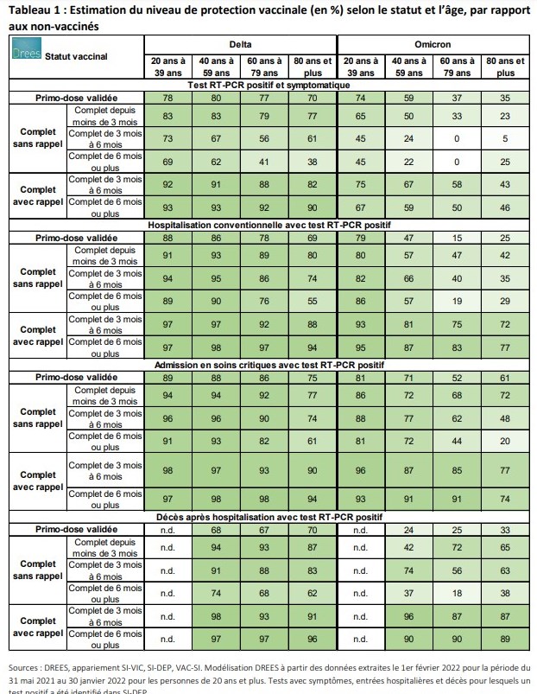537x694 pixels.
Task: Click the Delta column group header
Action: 240,44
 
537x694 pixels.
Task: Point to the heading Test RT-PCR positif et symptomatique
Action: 268,85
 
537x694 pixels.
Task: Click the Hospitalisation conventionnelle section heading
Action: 268,224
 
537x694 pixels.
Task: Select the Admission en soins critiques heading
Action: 268,366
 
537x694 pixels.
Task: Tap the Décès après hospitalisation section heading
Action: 268,516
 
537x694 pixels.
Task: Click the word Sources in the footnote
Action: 27,668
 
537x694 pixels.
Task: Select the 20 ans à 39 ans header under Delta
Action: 167,67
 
